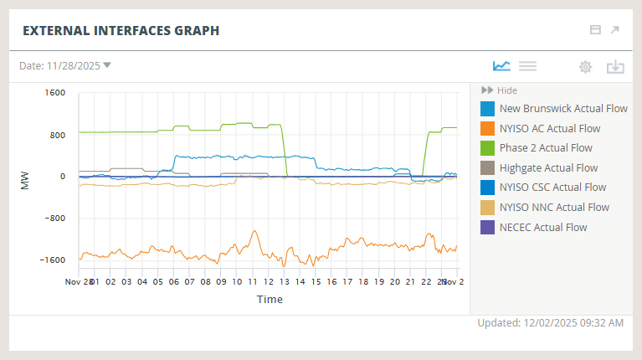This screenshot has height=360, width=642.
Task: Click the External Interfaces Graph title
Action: coord(121,31)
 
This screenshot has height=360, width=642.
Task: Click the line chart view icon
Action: coord(501,66)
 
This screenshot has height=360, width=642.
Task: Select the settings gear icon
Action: coord(585,67)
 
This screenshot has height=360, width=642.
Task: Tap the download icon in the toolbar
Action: coord(615,67)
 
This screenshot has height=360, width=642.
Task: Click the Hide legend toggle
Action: coord(499,90)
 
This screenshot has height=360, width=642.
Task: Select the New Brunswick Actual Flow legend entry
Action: coord(562,109)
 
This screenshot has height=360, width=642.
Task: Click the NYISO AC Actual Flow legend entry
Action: coord(549,129)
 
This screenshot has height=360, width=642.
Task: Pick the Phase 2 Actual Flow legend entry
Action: coord(545,148)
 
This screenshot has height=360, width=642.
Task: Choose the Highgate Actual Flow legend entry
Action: coord(548,168)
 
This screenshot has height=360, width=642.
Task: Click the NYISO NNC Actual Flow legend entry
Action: coord(554,208)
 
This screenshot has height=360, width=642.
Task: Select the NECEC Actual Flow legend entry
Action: coord(542,227)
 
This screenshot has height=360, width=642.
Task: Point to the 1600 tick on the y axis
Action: coord(54,93)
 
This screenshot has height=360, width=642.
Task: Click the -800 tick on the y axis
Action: coord(54,219)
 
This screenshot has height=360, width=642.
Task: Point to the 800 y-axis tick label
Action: coord(57,135)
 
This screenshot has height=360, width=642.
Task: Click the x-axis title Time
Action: coord(270,299)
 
